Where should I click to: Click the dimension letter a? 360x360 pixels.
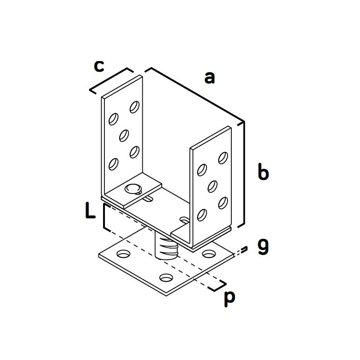pos(209,78)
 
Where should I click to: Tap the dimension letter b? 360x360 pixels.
pos(263,171)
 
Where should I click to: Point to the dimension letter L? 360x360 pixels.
pos(90,210)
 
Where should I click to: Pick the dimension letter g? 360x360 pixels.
pos(263,247)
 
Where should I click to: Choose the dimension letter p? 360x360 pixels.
pos(229,298)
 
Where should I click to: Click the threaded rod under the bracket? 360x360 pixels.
pos(166,249)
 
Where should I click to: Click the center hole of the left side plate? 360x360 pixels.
pos(124,135)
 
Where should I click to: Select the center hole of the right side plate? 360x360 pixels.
pos(213,187)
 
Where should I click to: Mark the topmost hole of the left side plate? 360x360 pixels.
pos(135,107)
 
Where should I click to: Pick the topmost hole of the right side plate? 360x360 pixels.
pos(223,158)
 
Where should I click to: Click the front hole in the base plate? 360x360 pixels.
pos(166,278)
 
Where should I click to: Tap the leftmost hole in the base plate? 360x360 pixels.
pos(124,254)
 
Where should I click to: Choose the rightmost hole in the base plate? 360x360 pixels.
pos(209,254)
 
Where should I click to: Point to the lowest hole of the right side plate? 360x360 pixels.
pos(202,215)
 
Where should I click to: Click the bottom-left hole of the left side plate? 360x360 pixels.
pos(113,164)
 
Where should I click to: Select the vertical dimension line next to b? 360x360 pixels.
pos(244,173)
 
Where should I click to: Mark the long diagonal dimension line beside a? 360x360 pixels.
pos(197,94)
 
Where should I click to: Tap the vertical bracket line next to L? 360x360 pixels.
pos(104,216)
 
